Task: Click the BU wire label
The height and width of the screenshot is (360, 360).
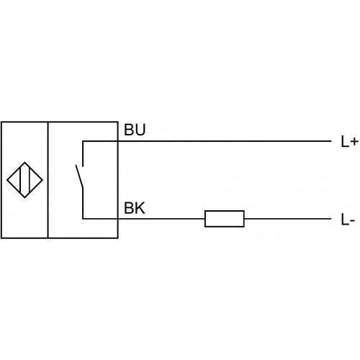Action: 135,130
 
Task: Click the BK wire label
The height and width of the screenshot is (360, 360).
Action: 135,208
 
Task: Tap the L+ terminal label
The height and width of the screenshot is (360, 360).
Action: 349,141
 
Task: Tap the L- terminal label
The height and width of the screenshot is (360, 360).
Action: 348,220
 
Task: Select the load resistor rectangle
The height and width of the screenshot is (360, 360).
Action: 225,219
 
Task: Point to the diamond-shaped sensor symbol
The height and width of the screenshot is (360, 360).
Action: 24,180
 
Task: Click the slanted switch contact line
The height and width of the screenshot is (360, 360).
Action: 79,176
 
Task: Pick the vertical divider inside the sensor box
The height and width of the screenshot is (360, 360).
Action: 48,180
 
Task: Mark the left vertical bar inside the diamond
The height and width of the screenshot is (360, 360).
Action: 21,180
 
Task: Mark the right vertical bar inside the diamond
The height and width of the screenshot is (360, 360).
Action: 29,180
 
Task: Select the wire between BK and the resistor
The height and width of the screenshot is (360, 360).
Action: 161,219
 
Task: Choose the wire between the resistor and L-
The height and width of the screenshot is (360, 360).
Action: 288,219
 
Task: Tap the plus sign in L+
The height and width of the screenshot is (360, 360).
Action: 354,142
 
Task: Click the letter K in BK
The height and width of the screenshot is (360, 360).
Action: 140,208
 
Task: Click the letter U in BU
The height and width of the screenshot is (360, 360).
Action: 140,130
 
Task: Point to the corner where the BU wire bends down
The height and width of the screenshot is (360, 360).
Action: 83,141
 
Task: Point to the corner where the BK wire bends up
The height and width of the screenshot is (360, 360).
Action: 83,219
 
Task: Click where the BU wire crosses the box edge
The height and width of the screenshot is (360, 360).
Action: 118,141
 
